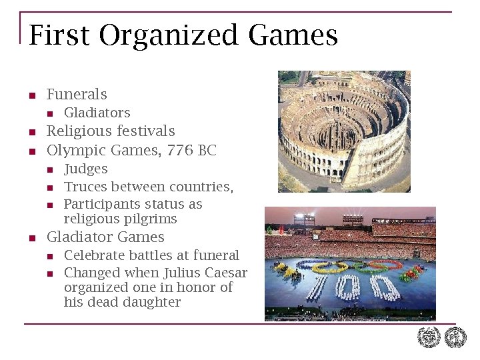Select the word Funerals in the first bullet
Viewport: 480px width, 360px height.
pos(77,95)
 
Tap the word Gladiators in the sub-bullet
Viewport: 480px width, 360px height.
pos(97,113)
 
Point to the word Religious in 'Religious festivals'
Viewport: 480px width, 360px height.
pos(79,131)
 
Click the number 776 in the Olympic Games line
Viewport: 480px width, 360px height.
pos(180,151)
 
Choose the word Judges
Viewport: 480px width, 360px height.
pos(85,169)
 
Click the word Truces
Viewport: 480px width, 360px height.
pos(85,187)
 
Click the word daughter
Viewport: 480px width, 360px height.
pos(154,302)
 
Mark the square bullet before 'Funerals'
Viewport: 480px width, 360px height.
pos(32,96)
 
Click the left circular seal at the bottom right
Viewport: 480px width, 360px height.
pos(429,337)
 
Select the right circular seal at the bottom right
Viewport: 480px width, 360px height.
pos(456,337)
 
